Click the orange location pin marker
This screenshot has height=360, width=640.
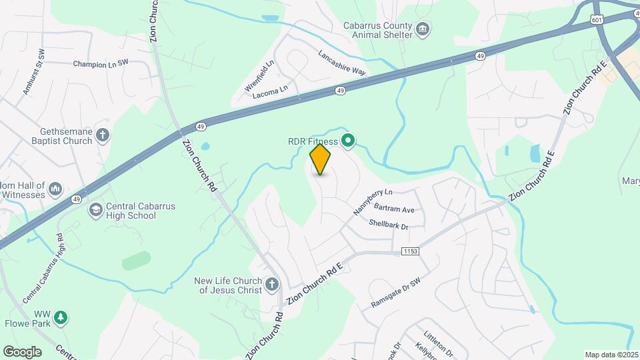320,159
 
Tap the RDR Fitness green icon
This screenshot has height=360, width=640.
347,141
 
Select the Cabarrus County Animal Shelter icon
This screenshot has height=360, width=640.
422,29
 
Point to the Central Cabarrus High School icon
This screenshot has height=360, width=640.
97,211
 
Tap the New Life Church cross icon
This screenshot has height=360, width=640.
271,285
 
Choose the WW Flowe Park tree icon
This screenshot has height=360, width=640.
61,317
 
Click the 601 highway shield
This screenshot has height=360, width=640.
597,22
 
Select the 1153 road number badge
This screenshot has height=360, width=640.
411,251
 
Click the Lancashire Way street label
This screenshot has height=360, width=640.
342,64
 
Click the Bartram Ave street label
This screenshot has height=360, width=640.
394,209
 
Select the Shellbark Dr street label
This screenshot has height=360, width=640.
388,225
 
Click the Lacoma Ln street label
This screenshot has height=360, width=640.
270,91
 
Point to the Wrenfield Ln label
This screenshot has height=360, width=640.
259,75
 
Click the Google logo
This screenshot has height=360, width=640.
22,352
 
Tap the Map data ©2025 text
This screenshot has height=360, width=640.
610,355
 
